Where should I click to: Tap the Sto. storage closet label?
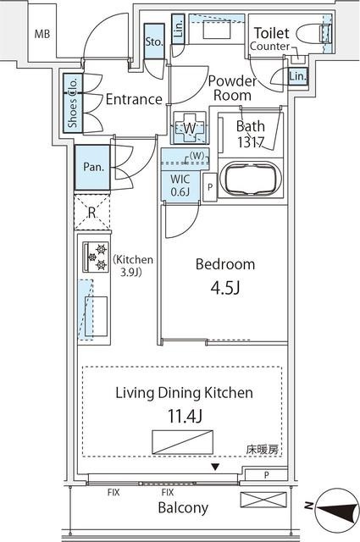154,41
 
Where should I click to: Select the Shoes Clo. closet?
73,102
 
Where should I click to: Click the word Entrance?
134,99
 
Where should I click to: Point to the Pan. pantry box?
93,167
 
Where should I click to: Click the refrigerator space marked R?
91,212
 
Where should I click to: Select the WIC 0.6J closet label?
179,185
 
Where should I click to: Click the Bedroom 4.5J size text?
224,287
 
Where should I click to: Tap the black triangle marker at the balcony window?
215,467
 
